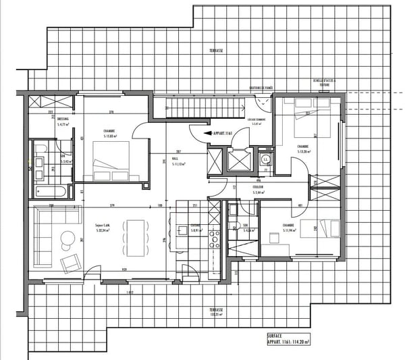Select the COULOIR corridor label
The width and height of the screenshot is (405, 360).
pos(259,190)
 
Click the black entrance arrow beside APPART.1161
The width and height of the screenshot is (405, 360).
pos(206,134)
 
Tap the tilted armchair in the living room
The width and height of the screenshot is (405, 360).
pos(70,262)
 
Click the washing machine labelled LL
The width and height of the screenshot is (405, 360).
pos(266,159)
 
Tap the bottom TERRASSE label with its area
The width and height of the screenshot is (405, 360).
pos(216,311)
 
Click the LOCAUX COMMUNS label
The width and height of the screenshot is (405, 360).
pos(258,121)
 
